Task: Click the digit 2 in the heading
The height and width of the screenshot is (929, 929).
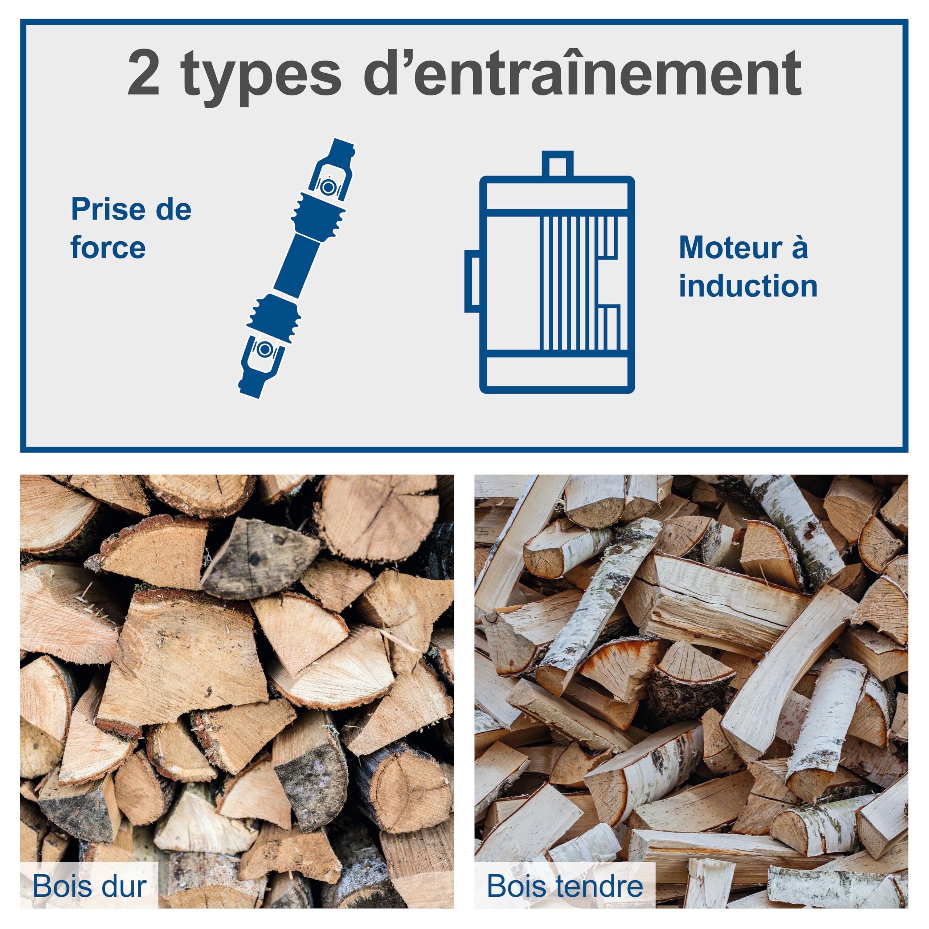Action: click(x=143, y=73)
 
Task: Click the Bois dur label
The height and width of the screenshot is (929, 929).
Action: click(x=89, y=886)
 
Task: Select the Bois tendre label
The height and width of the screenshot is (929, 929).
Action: click(x=565, y=886)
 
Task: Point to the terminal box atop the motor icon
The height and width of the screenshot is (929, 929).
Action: click(x=557, y=164)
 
